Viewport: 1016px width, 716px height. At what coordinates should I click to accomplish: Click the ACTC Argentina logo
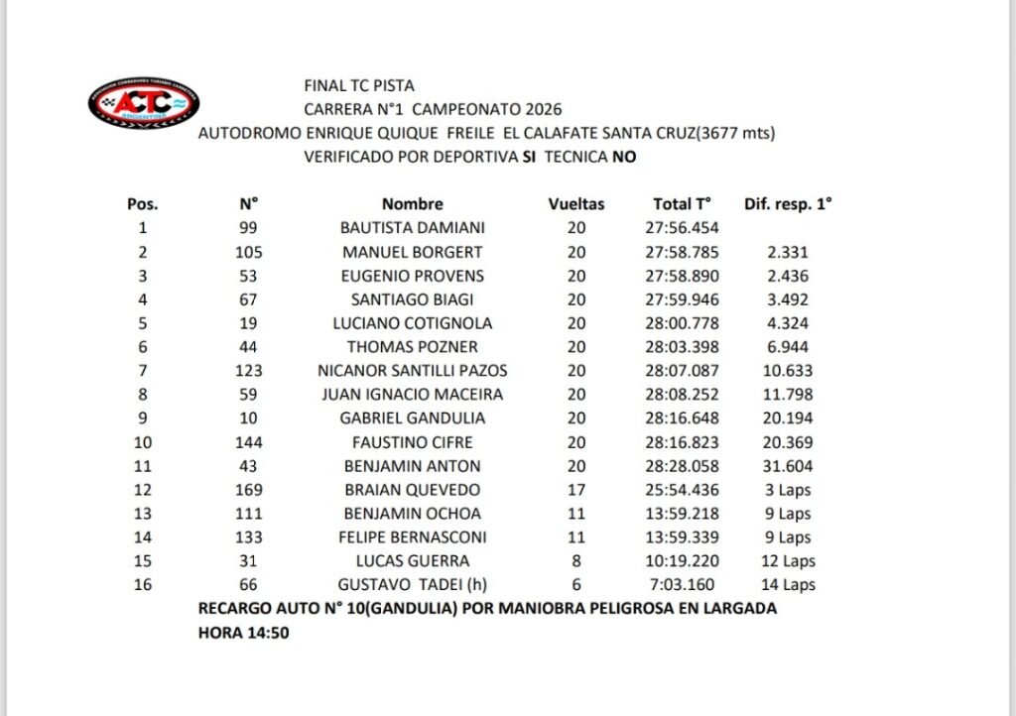coord(144,105)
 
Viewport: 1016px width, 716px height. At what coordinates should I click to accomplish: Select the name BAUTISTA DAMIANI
coord(412,228)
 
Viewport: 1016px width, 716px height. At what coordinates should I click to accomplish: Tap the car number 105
coord(249,252)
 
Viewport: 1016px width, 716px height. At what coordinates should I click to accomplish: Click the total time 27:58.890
coord(683,276)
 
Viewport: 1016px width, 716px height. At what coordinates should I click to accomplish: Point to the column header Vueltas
coord(576,204)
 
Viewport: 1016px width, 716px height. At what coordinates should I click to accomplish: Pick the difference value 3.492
coord(788,299)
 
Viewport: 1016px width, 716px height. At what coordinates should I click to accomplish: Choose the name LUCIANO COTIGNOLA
coord(412,323)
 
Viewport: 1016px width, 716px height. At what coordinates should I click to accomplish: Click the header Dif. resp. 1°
coord(788,204)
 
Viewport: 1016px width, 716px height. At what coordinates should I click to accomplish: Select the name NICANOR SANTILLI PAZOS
coord(412,371)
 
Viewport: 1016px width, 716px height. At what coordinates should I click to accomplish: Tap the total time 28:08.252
coord(683,395)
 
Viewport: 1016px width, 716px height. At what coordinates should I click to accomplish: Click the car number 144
coord(249,442)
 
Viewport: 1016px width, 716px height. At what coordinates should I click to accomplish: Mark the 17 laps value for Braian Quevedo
coord(576,490)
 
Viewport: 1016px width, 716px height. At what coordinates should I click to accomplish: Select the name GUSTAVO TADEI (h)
coord(412,585)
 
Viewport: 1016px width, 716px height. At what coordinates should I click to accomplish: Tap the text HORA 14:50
coord(243,633)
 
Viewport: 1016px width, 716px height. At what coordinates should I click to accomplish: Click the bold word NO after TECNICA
coord(624,157)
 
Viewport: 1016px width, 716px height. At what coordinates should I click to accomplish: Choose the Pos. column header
coord(143,204)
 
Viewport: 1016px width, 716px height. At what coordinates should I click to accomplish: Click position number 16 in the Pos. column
coord(142,585)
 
